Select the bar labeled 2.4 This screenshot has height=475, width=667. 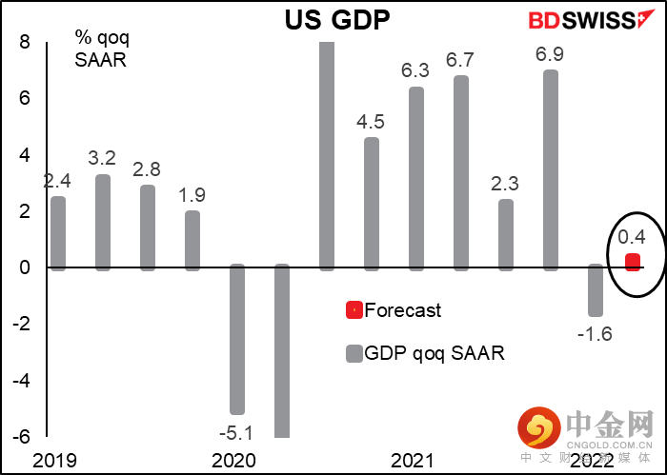pos(58,233)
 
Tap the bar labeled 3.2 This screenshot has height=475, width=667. pos(103,222)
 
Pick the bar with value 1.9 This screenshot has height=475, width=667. pos(192,240)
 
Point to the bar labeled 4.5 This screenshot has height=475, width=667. pos(372,204)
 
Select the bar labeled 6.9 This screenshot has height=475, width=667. pos(551,169)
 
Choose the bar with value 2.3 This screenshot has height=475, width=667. pos(506,234)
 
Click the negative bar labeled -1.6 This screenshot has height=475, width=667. pos(596,290)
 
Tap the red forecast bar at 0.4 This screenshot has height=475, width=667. pos(632,262)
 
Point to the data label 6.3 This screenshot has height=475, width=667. pos(416,72)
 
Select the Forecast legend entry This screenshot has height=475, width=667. pos(394,309)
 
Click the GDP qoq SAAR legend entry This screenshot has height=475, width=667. pos(424,353)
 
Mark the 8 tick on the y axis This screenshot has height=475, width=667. pos(25,43)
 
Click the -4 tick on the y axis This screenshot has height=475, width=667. pos(21,381)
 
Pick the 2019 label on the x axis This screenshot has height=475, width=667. pos(51,461)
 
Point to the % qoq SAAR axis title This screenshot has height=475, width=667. pos(102,49)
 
